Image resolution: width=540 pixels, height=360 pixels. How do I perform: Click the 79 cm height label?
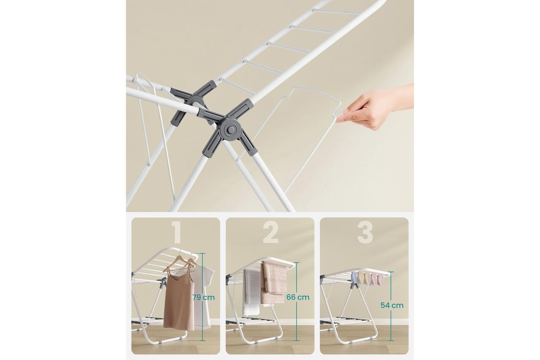(x=203, y=297)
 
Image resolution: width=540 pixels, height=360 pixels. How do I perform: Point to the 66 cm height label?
(x=298, y=297)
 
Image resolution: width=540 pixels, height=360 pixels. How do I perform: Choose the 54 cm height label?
(x=392, y=305)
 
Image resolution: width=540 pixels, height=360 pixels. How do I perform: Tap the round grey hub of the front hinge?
(x=230, y=130)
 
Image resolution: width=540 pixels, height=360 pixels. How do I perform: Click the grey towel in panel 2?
(x=251, y=292)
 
